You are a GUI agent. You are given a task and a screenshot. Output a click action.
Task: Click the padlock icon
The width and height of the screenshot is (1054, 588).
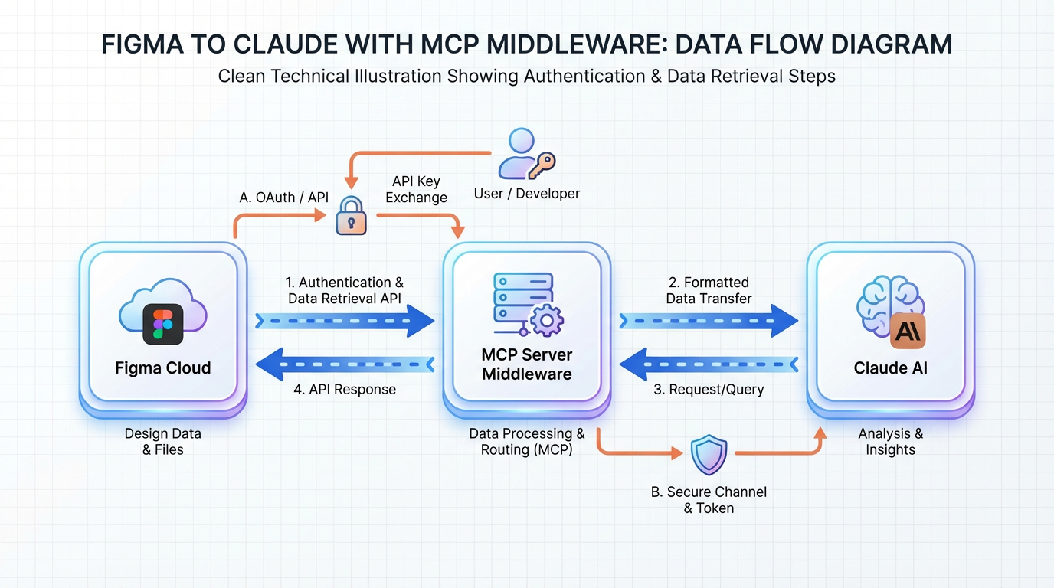[352, 216]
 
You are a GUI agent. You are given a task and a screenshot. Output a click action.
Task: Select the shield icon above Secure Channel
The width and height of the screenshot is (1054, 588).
[709, 455]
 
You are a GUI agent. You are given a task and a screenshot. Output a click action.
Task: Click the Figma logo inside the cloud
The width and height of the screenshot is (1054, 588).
[163, 324]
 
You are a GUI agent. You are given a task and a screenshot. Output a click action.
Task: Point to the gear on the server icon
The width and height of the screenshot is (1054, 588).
[546, 320]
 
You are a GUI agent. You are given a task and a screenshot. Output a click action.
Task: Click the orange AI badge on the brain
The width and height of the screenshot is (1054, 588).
[908, 331]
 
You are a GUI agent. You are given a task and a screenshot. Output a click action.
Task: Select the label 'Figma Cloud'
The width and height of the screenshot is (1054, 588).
[163, 367]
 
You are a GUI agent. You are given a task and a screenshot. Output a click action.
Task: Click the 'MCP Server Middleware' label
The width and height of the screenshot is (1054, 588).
[527, 364]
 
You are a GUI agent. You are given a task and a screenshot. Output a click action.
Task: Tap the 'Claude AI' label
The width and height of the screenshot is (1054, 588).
[890, 367]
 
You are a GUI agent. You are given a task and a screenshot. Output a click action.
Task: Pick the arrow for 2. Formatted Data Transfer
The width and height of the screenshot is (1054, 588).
[709, 321]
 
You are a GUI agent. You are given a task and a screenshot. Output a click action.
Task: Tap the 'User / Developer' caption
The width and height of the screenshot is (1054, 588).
[527, 194]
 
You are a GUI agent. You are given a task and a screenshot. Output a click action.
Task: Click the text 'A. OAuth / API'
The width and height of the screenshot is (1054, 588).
[283, 198]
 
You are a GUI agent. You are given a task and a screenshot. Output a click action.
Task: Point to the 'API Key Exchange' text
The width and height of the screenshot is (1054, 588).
[416, 190]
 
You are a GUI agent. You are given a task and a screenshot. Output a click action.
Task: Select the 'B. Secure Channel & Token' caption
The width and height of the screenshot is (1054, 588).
[709, 500]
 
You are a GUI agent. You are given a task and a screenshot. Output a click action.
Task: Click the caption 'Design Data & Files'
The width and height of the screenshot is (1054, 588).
[163, 441]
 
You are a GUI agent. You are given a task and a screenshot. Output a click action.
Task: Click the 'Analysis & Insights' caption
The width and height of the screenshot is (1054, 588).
[890, 441]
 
